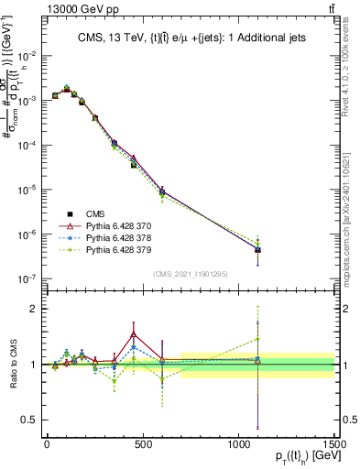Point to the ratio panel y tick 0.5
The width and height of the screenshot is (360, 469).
(x=30, y=420)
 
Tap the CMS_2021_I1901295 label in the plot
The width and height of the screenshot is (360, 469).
(x=191, y=274)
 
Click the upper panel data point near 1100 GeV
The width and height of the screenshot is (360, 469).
(x=258, y=249)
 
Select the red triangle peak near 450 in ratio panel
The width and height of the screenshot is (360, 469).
(x=134, y=333)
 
